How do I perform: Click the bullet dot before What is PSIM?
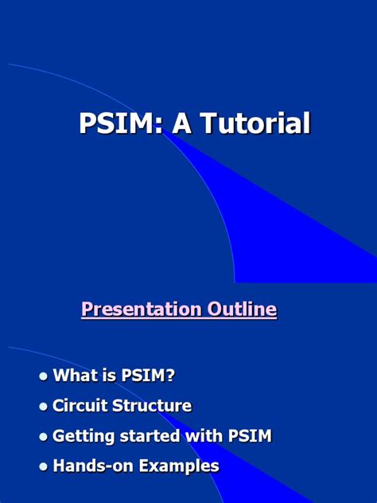click(x=44, y=376)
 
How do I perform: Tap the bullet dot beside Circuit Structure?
click(x=44, y=407)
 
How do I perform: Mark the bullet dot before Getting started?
click(x=44, y=437)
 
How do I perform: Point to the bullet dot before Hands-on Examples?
click(x=44, y=467)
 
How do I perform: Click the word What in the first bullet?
click(x=74, y=376)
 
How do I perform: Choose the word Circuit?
click(x=80, y=406)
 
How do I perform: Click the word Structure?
click(x=153, y=406)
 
